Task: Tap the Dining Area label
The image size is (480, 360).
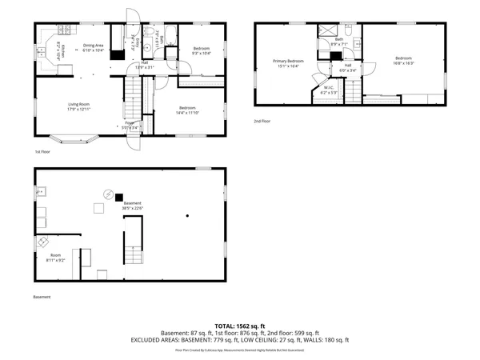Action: (94, 48)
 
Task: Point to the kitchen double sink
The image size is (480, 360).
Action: (40, 50)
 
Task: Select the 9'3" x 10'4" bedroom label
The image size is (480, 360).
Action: (201, 51)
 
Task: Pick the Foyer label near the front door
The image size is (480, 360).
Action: (128, 123)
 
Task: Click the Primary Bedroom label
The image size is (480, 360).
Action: (288, 63)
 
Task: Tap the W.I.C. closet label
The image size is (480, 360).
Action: (329, 90)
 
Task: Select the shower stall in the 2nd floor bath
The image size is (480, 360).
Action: (327, 33)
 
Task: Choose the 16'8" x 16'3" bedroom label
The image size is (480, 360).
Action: (402, 60)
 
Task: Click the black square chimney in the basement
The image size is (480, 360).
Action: (118, 197)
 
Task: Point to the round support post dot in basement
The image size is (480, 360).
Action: (186, 215)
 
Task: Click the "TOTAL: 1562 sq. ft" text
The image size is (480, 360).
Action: (239, 326)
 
